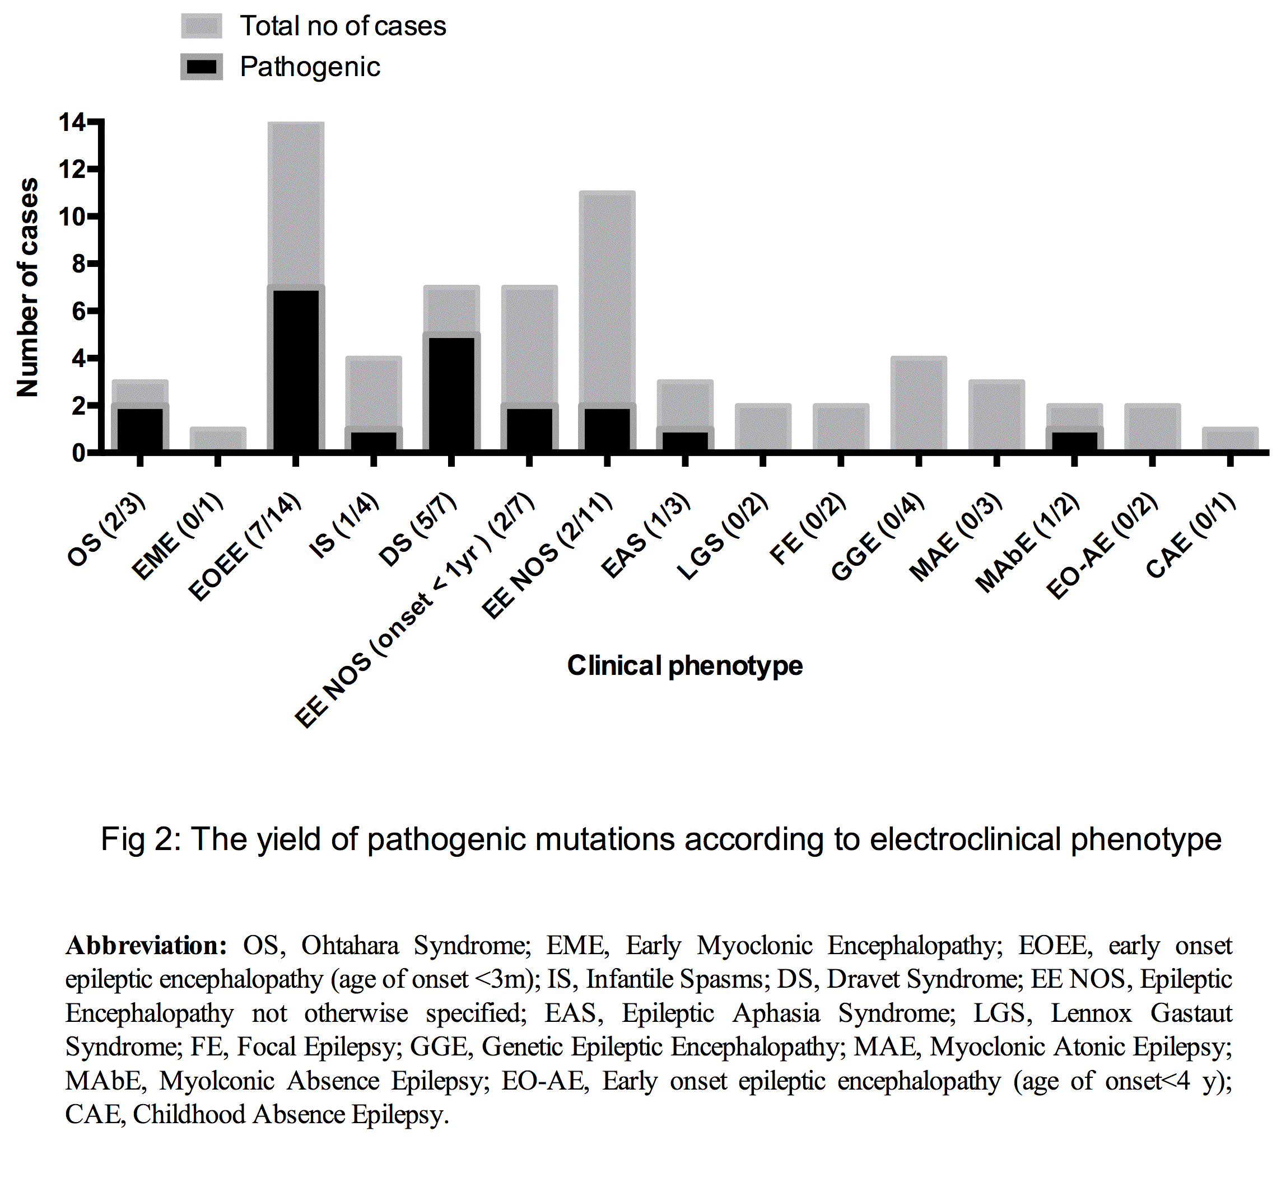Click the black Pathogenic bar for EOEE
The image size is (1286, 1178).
295,370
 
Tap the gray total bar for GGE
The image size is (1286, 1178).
919,404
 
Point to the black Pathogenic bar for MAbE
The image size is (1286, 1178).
1074,441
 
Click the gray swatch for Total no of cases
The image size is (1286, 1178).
202,26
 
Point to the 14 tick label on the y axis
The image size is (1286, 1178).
72,122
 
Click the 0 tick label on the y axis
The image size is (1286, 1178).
78,453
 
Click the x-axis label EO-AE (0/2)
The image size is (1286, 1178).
1102,546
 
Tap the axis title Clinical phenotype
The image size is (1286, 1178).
684,665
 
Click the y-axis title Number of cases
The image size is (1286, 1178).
27,287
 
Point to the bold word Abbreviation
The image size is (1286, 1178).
146,945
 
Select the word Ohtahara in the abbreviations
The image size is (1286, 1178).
350,945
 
